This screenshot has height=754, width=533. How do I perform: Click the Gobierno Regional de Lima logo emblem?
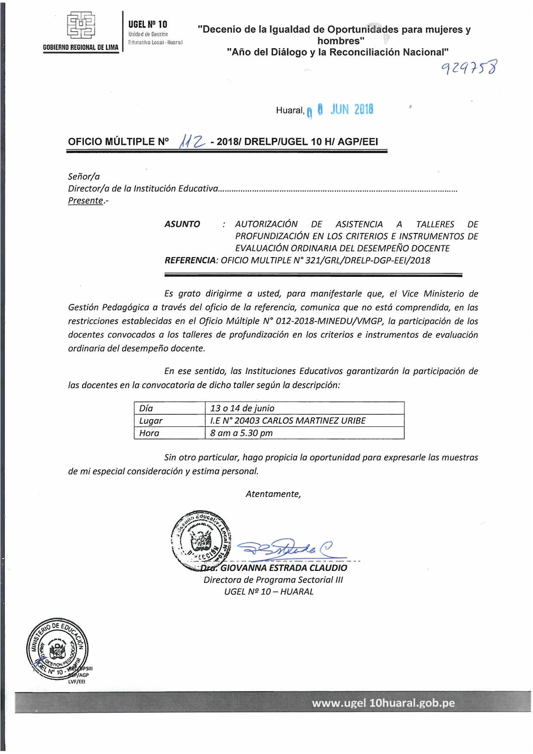click(81, 26)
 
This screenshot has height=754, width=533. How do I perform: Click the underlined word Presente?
click(86, 201)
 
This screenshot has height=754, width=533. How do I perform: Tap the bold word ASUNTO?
click(182, 224)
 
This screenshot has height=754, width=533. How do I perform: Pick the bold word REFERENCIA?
click(190, 260)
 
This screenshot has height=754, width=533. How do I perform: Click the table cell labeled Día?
click(169, 408)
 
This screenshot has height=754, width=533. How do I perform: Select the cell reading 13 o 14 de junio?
click(304, 408)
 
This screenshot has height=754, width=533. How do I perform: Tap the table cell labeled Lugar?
click(169, 420)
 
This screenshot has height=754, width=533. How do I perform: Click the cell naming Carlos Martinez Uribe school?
click(304, 420)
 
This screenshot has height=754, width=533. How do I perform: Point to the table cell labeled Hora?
click(169, 433)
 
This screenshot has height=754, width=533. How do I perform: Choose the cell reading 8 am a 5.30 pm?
click(304, 433)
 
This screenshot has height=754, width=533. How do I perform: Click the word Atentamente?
click(273, 494)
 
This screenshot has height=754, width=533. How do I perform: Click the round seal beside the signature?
click(201, 540)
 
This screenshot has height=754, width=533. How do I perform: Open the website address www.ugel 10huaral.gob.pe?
click(383, 703)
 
